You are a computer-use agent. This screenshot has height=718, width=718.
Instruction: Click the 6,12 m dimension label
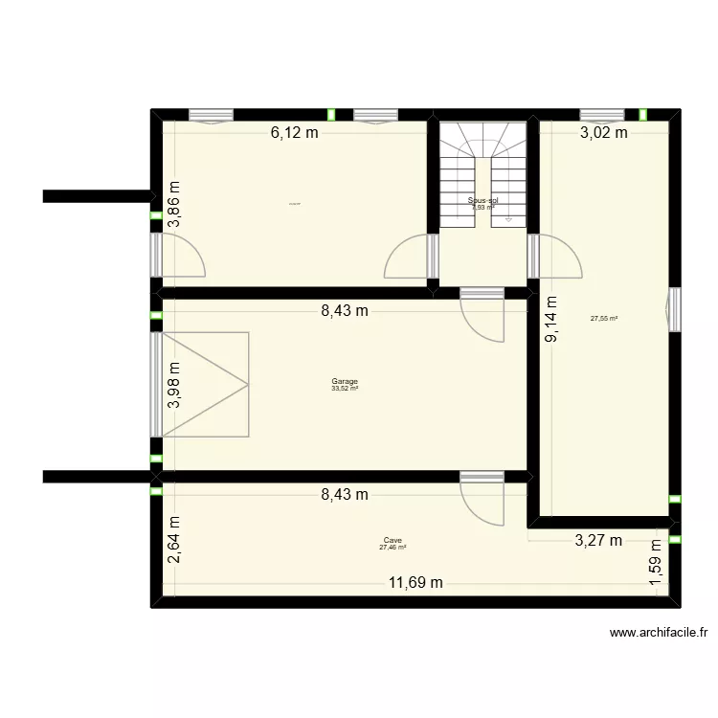click(294, 133)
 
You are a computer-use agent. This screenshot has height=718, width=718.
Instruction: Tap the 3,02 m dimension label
click(604, 133)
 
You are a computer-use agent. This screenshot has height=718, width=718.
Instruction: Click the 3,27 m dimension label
click(598, 541)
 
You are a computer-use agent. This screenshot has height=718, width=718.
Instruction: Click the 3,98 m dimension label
click(174, 386)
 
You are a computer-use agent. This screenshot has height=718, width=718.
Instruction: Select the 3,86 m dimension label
click(174, 204)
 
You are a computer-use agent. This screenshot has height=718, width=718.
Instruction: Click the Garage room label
click(345, 381)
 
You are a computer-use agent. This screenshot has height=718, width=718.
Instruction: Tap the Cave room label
click(393, 540)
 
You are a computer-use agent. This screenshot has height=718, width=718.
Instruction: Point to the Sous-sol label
click(482, 201)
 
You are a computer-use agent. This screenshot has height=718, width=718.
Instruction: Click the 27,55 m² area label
click(604, 319)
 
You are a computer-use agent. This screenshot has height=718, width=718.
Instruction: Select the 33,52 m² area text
click(345, 389)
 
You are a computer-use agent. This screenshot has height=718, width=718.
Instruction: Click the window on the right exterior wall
click(675, 308)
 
